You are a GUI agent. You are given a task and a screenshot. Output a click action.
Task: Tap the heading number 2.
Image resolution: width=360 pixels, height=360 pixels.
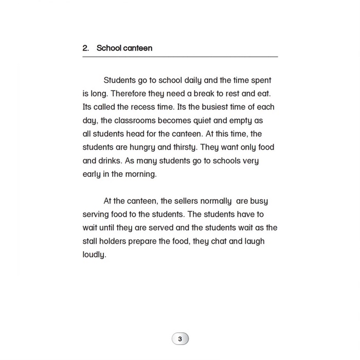pyautogui.click(x=85, y=48)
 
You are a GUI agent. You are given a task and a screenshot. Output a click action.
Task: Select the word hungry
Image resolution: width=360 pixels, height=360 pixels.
pyautogui.click(x=145, y=147)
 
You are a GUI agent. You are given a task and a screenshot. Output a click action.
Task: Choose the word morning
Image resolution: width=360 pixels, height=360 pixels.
pyautogui.click(x=140, y=174)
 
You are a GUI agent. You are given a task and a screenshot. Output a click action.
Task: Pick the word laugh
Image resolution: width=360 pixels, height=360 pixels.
pyautogui.click(x=254, y=241)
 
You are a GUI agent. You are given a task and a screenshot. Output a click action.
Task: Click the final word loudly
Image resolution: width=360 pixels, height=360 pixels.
pyautogui.click(x=94, y=254)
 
